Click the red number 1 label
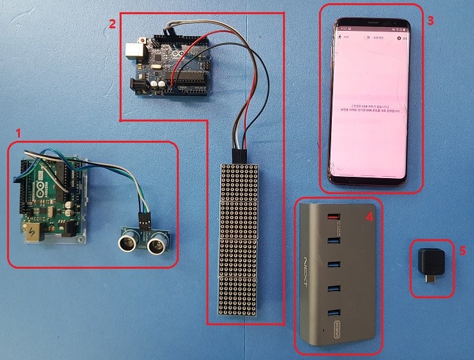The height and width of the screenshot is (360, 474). tap(19, 133)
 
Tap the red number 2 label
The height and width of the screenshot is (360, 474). tap(113, 24)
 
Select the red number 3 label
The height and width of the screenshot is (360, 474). tap(430, 20)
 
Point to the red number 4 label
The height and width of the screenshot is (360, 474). tap(369, 217)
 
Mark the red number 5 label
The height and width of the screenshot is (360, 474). tap(462, 250)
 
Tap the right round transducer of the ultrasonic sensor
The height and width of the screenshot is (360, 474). tap(158, 243)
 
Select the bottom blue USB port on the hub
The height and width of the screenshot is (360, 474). tap(333, 314)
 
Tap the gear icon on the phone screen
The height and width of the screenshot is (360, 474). tap(399, 39)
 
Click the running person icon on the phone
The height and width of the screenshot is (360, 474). tap(340, 39)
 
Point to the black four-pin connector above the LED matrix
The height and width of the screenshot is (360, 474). tap(239, 155)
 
